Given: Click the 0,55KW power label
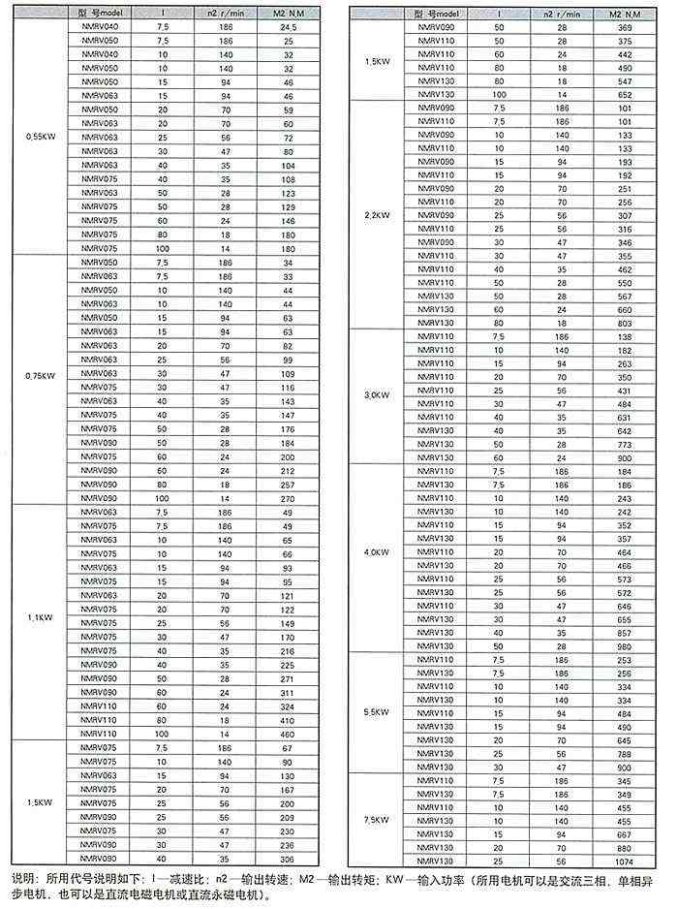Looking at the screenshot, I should click(42, 138).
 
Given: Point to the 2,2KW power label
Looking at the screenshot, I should click(378, 213).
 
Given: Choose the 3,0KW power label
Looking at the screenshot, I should click(378, 395).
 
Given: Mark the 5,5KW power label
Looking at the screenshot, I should click(378, 712).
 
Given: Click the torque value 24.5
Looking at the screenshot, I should click(288, 29).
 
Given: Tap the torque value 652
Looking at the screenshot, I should click(623, 95).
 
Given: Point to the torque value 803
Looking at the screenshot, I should click(623, 322).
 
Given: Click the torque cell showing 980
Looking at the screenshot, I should click(623, 644).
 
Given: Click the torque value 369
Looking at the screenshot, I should click(623, 30).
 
